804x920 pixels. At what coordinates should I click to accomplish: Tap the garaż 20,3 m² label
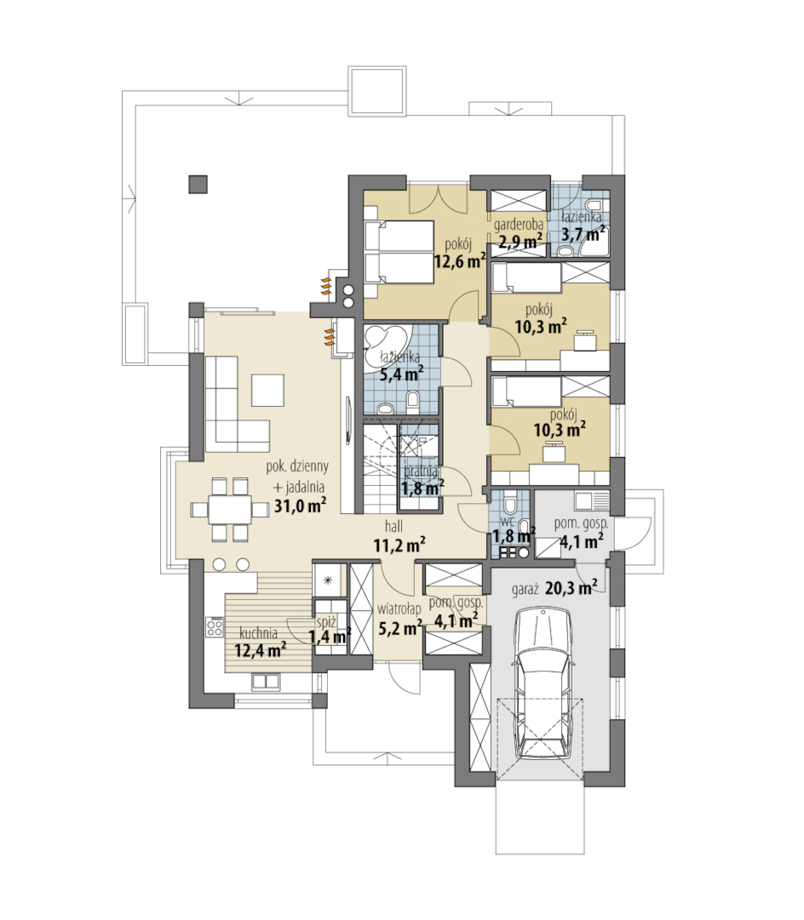click(x=554, y=588)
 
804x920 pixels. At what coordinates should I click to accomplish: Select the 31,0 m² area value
click(x=301, y=506)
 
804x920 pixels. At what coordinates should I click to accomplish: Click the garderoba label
click(x=518, y=224)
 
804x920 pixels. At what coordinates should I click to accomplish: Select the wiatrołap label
click(x=399, y=609)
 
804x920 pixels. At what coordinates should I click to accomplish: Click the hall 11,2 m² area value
click(x=400, y=545)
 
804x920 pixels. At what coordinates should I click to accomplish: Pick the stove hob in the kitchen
click(x=215, y=627)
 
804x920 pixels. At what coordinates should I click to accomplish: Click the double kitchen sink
click(x=266, y=681)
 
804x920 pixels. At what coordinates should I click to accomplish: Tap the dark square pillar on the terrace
click(x=198, y=185)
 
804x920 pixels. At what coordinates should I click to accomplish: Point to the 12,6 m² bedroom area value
click(x=460, y=260)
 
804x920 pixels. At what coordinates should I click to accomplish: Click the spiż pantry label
click(x=326, y=622)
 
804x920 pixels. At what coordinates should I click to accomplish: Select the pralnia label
click(x=421, y=471)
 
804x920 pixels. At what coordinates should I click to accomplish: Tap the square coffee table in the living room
click(x=267, y=390)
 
